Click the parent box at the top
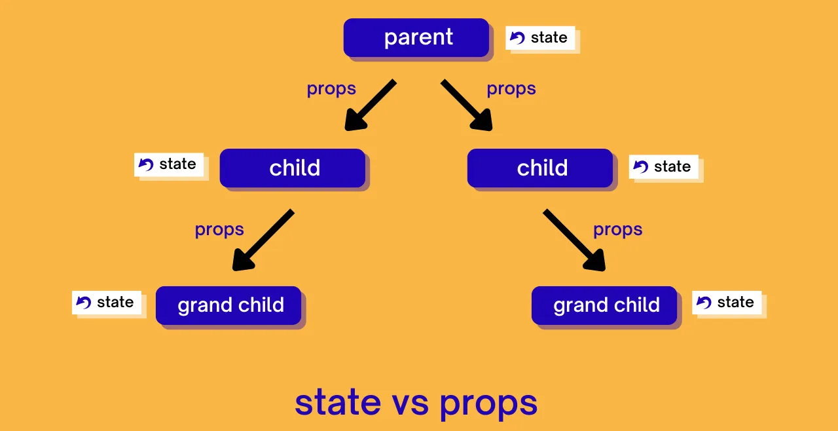tap(416, 37)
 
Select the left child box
tap(293, 168)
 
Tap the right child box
tap(540, 168)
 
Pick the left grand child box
tap(228, 305)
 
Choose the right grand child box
tap(604, 305)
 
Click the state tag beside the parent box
tap(540, 38)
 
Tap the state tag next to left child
tap(169, 164)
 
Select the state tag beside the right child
tap(664, 167)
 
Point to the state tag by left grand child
tap(107, 303)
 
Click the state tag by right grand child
tap(727, 303)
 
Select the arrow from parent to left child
tap(370, 105)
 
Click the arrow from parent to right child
tap(467, 105)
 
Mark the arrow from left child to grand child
tap(263, 240)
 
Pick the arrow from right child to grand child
tap(574, 240)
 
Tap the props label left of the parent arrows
tap(331, 88)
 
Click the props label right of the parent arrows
tap(511, 88)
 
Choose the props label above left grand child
tap(219, 229)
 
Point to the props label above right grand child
tap(617, 229)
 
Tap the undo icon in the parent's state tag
tap(517, 38)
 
